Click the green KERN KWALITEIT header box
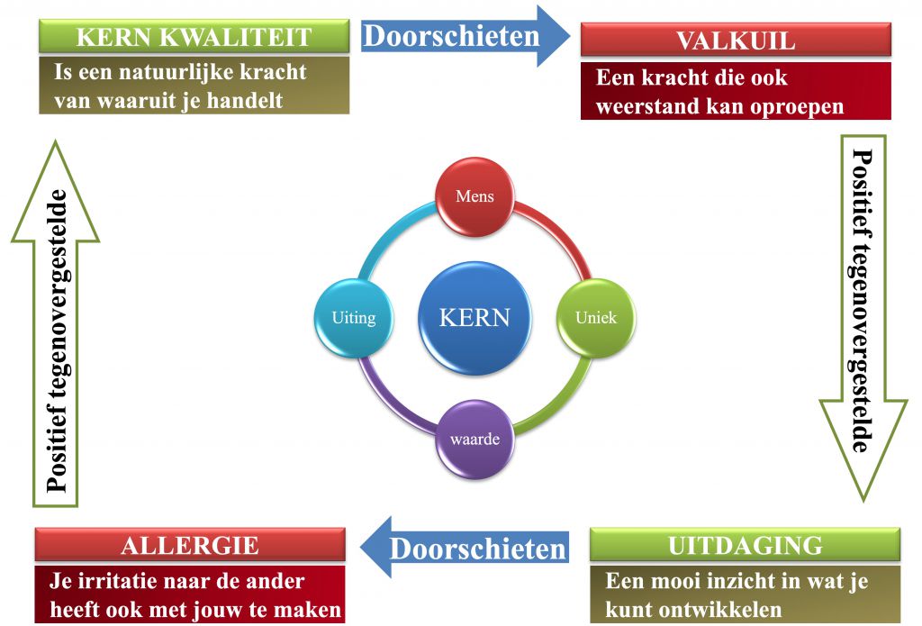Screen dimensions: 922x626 coord(194,36)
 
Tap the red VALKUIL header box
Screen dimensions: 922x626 coord(736,40)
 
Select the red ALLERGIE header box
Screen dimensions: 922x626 coord(190,545)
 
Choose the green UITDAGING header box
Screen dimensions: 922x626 coord(745,545)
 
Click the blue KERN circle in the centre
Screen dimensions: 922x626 coord(475,318)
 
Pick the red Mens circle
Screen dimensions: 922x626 coord(475,196)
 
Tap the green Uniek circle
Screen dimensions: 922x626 coord(596,318)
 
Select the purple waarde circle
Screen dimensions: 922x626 coord(475,439)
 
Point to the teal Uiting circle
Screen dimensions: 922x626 coord(353,318)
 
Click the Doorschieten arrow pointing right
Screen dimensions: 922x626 coord(465,35)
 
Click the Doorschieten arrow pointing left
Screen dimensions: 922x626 coord(465,547)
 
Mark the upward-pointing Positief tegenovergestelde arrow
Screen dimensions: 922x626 coord(55,323)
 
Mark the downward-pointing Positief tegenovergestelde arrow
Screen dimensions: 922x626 coord(863,318)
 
